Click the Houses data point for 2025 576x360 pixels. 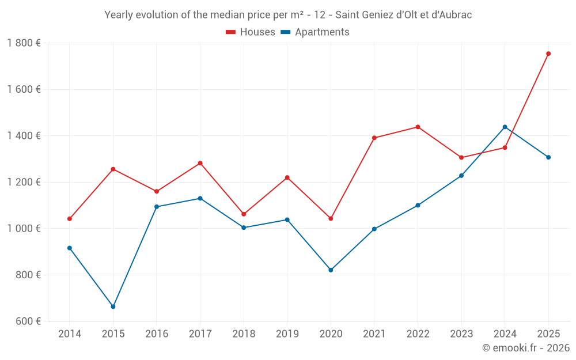(548, 54)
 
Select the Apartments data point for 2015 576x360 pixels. (113, 306)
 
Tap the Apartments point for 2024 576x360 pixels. (505, 127)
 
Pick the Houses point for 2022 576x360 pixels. (418, 127)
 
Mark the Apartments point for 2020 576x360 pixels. (331, 270)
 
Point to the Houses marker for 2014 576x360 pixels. (70, 219)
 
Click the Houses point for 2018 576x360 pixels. (244, 214)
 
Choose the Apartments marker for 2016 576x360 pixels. (157, 207)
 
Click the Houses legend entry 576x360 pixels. (251, 32)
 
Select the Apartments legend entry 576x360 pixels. (315, 32)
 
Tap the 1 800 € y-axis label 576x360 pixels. (24, 43)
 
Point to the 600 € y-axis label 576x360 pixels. (28, 321)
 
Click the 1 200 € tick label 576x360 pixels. (24, 182)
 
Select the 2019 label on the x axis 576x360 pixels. (287, 334)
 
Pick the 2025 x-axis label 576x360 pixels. (548, 334)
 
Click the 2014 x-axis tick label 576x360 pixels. (70, 334)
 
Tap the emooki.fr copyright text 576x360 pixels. (525, 348)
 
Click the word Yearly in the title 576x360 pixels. (119, 15)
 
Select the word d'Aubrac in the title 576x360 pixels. (453, 15)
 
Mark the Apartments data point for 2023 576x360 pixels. (461, 176)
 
